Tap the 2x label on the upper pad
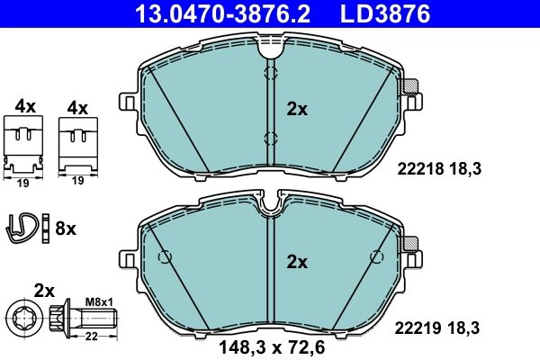(x=297, y=110)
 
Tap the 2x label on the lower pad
(x=297, y=263)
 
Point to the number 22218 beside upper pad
(x=416, y=167)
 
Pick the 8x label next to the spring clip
(x=66, y=229)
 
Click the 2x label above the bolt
(x=44, y=290)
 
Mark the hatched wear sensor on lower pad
(x=410, y=243)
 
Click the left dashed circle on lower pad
(x=165, y=257)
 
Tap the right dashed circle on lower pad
(x=373, y=257)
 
